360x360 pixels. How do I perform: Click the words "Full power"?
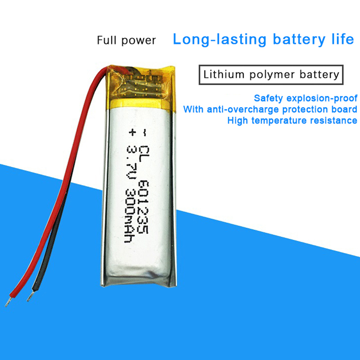click(x=126, y=40)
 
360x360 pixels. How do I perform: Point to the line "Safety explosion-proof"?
click(x=306, y=98)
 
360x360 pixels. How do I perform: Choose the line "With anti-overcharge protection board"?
click(x=270, y=109)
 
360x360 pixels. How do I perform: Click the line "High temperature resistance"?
click(x=292, y=120)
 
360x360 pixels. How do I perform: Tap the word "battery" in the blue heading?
click(x=296, y=39)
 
